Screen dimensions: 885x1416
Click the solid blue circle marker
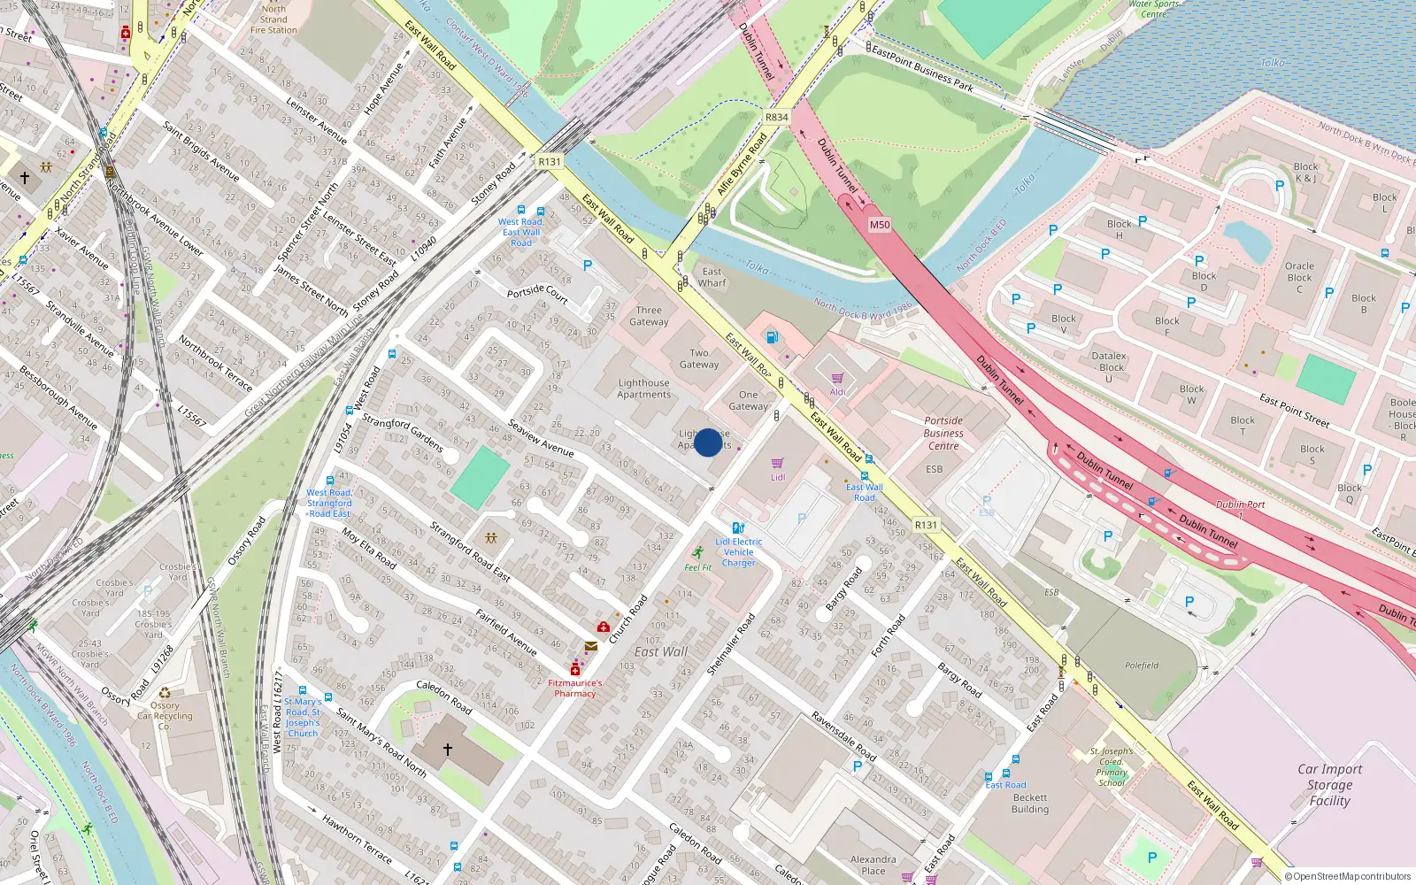[708, 442]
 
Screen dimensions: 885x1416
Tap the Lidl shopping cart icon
[777, 464]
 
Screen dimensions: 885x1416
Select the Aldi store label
[837, 392]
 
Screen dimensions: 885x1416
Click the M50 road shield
[879, 225]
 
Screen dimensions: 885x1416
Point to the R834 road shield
[776, 117]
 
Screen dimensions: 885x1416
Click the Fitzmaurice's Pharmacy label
[574, 688]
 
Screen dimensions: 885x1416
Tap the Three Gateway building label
[649, 316]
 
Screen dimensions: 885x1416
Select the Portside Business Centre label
[943, 433]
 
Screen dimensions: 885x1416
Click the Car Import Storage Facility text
[1329, 785]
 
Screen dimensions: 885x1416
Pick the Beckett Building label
[1030, 803]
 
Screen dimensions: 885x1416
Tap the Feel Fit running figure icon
[698, 552]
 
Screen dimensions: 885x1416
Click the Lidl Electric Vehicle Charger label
[738, 552]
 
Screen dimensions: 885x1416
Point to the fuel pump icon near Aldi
[772, 337]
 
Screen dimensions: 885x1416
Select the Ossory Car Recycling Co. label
[165, 716]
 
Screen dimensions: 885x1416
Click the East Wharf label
[712, 277]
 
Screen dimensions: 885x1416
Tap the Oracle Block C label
[1299, 277]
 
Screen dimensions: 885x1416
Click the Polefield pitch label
[1142, 666]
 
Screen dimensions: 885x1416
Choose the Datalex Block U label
[1109, 366]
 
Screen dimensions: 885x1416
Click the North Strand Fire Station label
[273, 19]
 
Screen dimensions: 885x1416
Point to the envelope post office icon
[590, 647]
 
